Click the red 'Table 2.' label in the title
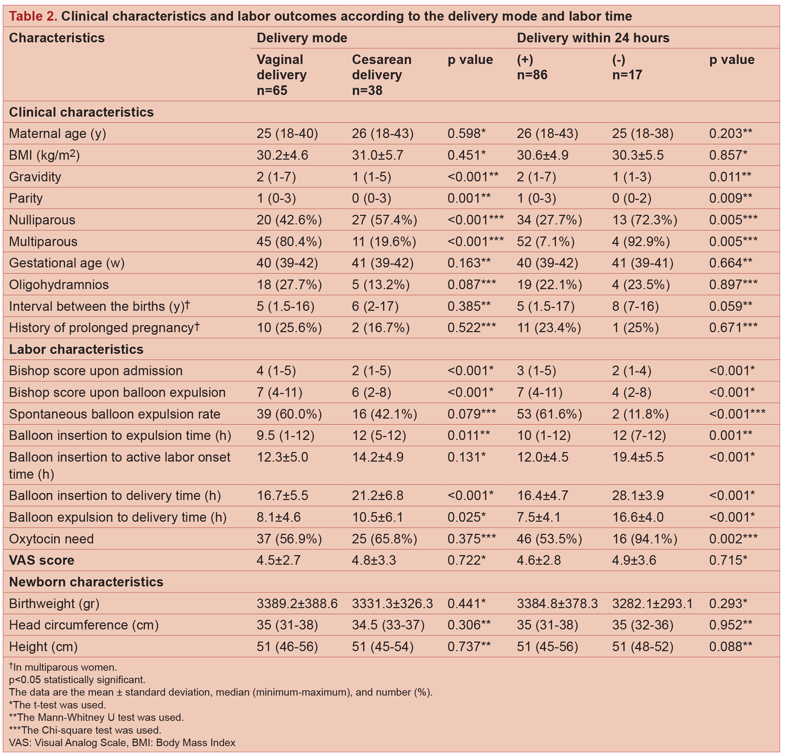tap(33, 16)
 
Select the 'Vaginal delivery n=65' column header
tap(282, 75)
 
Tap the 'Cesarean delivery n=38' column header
tap(381, 75)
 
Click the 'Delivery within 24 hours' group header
tap(593, 38)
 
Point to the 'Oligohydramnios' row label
tap(59, 285)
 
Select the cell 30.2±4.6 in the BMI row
tap(282, 155)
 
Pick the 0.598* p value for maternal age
tap(466, 134)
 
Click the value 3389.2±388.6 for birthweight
tap(297, 604)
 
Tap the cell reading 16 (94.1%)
tap(645, 539)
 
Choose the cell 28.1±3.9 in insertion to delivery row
tap(638, 495)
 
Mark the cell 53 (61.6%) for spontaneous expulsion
tap(549, 414)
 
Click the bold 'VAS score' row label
tap(42, 560)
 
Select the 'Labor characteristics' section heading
tap(76, 349)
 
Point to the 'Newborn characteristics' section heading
tap(86, 582)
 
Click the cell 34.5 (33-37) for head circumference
tap(388, 625)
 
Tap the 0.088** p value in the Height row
tap(730, 647)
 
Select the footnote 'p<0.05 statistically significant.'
tap(77, 680)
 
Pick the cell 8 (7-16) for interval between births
tap(635, 306)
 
